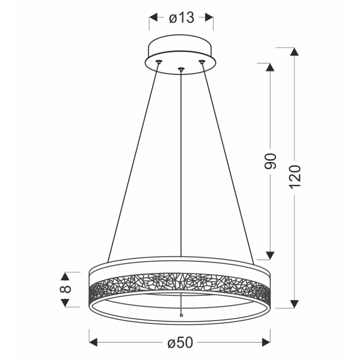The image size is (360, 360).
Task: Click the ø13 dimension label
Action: pos(181,18)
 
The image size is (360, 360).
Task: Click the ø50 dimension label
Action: pos(180,342)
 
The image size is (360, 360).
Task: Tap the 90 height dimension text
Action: pos(270,161)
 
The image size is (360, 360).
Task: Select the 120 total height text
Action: pos(294,176)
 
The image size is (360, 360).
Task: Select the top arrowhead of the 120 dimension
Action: pos(294,52)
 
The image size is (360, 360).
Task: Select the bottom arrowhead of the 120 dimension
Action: pos(294,304)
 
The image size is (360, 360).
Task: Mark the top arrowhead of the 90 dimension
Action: pos(270,68)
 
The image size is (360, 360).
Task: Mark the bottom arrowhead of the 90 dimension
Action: pos(270,255)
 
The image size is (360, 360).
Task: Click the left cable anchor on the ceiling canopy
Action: pos(158,61)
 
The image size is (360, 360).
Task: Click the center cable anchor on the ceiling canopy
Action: pos(181,68)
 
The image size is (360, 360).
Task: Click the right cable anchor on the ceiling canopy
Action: pos(202,61)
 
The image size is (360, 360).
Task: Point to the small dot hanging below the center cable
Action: pos(181,316)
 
